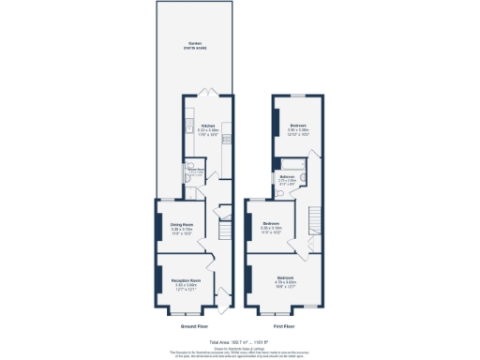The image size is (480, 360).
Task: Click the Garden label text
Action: pyautogui.click(x=194, y=44)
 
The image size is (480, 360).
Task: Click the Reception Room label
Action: pyautogui.click(x=186, y=280)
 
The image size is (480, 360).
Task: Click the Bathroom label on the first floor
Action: pyautogui.click(x=288, y=175)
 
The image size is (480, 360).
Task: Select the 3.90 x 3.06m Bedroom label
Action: pyautogui.click(x=299, y=127)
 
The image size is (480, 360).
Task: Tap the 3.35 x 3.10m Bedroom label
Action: pyautogui.click(x=270, y=224)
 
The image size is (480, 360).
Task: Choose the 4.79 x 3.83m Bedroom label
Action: pyautogui.click(x=285, y=278)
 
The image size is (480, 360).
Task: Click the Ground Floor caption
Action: pyautogui.click(x=194, y=326)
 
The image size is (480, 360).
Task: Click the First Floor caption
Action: pyautogui.click(x=285, y=326)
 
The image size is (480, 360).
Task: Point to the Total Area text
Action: pyautogui.click(x=239, y=342)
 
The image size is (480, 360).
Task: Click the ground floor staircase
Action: pyautogui.click(x=224, y=231)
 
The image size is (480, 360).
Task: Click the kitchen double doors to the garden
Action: pyautogui.click(x=209, y=92)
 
